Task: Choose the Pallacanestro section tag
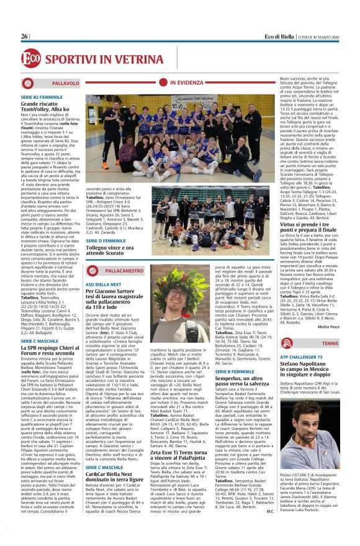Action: tap(115, 253)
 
